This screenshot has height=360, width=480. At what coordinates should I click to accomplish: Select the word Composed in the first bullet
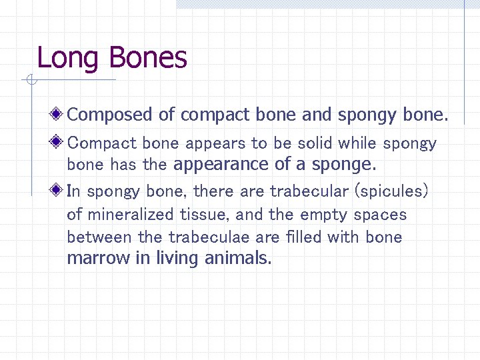point(110,115)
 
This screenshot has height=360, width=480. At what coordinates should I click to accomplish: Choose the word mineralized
point(129,215)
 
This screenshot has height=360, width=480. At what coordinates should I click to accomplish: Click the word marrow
point(99,259)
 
